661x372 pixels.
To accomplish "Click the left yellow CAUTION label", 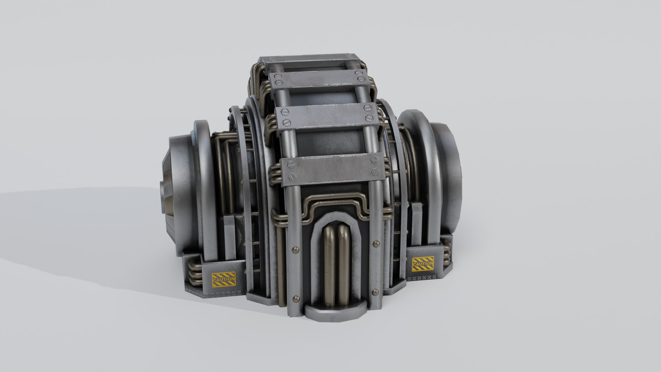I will [224, 279].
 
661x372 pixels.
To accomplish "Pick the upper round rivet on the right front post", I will [375, 244].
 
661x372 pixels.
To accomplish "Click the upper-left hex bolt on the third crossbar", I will [284, 112].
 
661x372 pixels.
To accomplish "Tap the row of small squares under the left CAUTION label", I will [220, 294].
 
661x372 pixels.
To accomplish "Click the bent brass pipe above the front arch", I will [332, 203].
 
